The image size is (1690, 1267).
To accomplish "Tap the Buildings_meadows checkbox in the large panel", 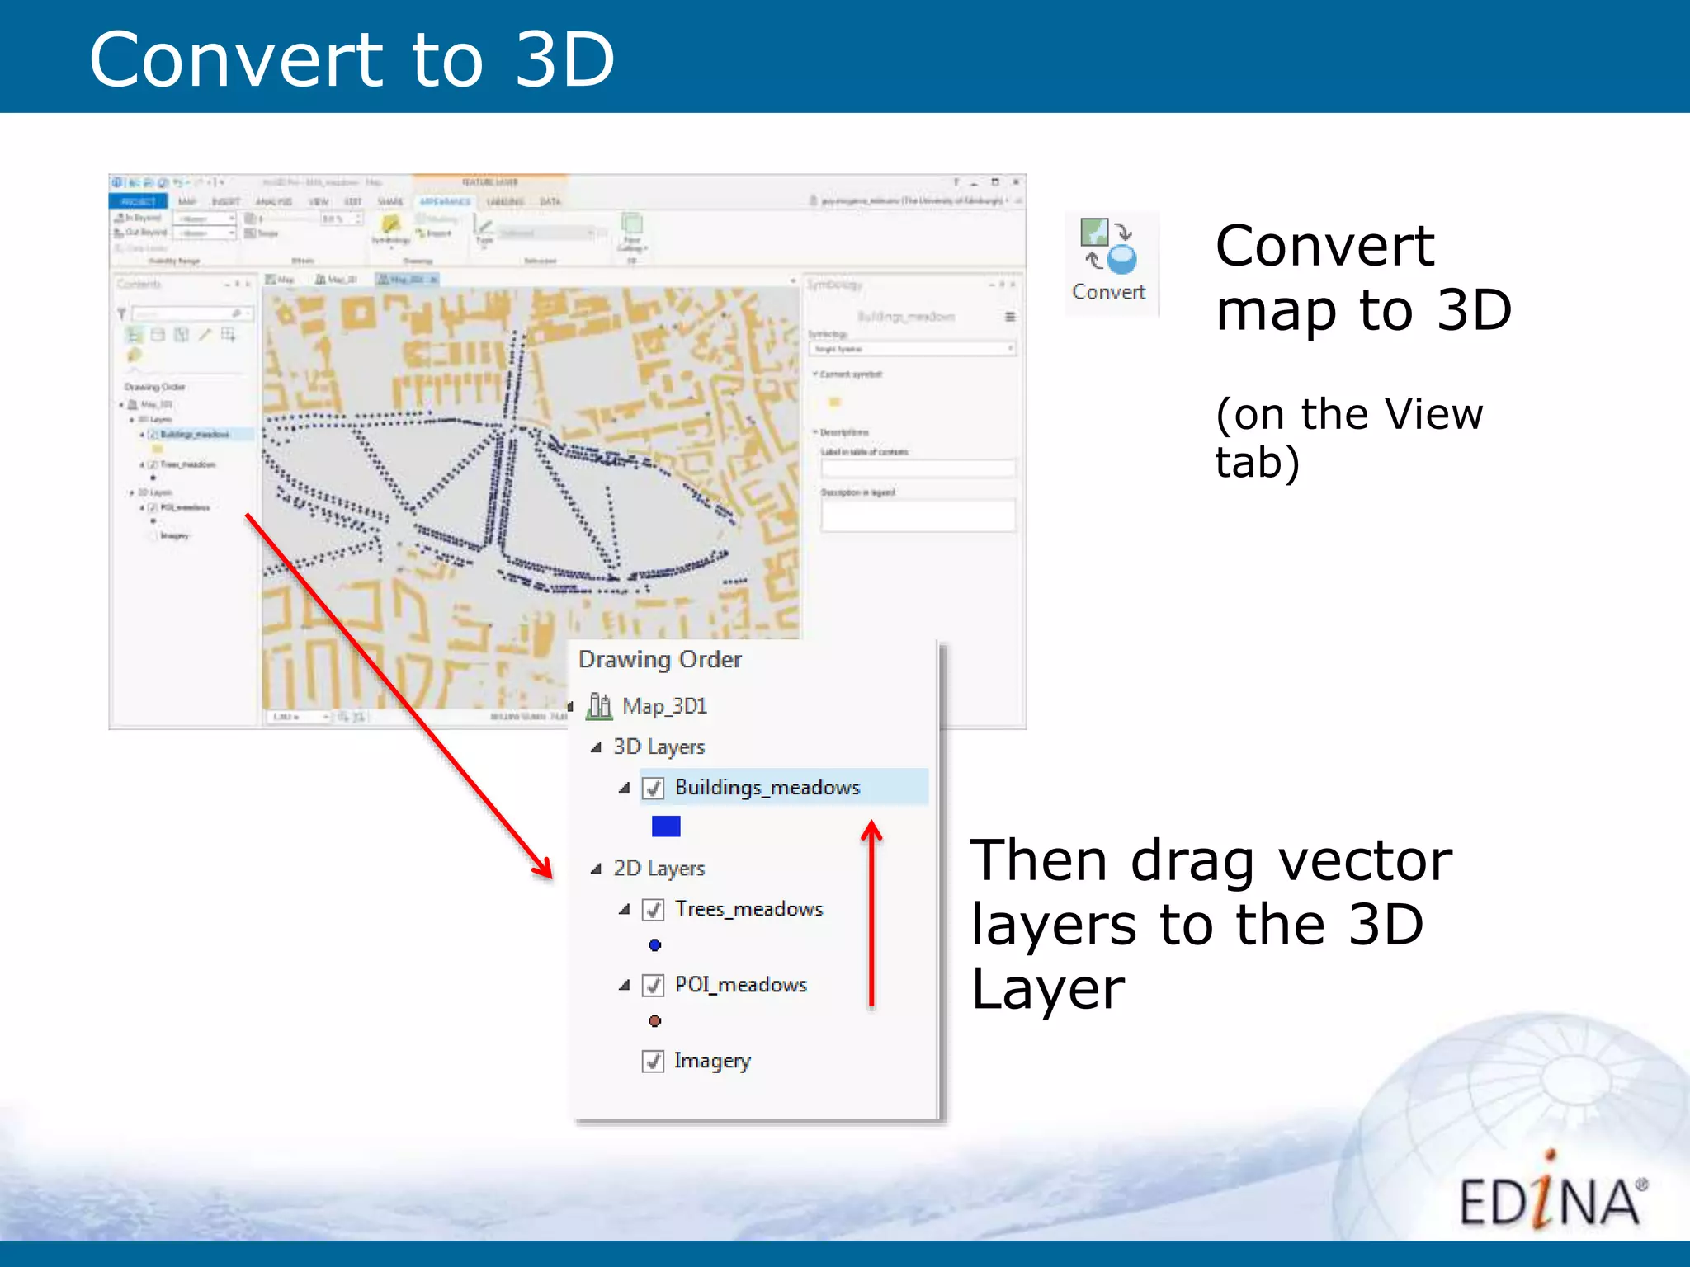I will (x=653, y=789).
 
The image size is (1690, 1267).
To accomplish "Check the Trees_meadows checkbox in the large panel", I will (x=653, y=910).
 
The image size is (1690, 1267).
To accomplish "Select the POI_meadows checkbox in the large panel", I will (x=653, y=986).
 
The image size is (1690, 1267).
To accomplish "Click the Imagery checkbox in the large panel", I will (x=653, y=1062).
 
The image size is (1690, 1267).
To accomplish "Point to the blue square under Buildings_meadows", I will (x=666, y=827).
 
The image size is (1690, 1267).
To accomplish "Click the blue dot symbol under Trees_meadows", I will (x=654, y=945).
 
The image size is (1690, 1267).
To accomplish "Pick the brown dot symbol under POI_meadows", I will (x=654, y=1021).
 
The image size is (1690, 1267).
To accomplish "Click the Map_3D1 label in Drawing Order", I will (x=664, y=707).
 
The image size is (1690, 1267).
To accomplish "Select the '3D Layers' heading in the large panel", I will (x=659, y=747).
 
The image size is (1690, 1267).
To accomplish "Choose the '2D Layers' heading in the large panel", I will (x=659, y=869).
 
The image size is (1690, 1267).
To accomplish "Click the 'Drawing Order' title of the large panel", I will (x=659, y=660).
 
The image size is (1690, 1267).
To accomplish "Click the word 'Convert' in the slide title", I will (x=236, y=60).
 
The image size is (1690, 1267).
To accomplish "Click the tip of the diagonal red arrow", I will (x=550, y=877).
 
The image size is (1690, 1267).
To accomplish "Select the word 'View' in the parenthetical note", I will (x=1433, y=414).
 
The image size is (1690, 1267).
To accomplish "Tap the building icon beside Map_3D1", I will (x=600, y=707).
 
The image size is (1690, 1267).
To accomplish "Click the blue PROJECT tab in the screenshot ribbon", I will (x=138, y=202).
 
